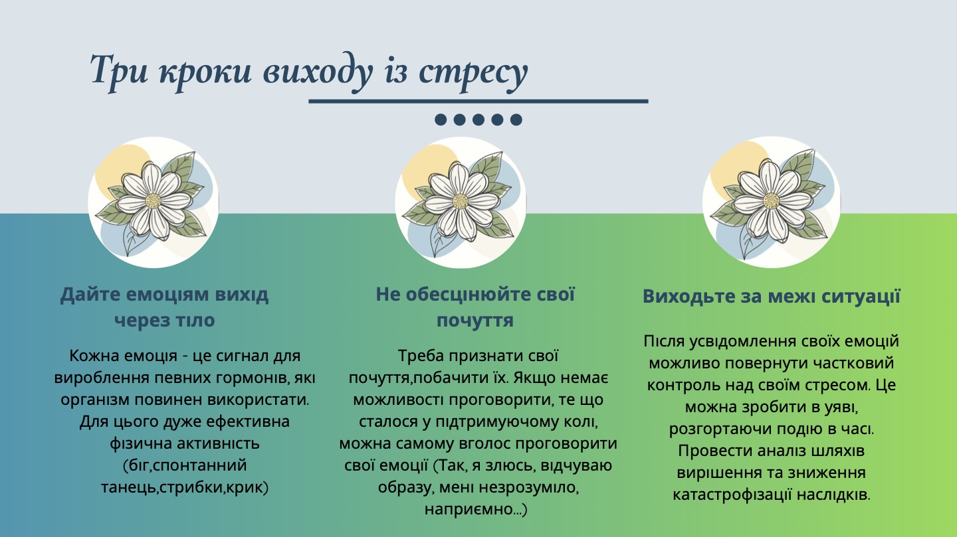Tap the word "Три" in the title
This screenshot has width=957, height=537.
(120, 70)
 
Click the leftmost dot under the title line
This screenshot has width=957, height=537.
(440, 119)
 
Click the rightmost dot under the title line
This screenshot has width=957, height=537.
(516, 119)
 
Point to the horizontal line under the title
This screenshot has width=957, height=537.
(478, 102)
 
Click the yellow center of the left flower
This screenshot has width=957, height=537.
(154, 201)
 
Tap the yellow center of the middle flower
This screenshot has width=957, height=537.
(461, 201)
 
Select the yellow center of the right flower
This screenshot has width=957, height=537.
(771, 200)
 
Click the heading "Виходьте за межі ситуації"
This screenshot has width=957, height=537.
(771, 296)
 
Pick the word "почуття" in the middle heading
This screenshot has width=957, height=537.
(475, 321)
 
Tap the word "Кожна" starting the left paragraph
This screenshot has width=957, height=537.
(90, 356)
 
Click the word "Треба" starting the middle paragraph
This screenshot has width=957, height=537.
(419, 355)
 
